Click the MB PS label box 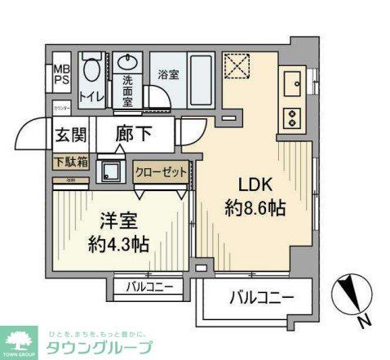pos(62,75)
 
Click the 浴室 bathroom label pos(168,71)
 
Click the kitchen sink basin pos(292,82)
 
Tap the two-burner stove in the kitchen pos(291,117)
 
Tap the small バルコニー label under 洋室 pos(149,287)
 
